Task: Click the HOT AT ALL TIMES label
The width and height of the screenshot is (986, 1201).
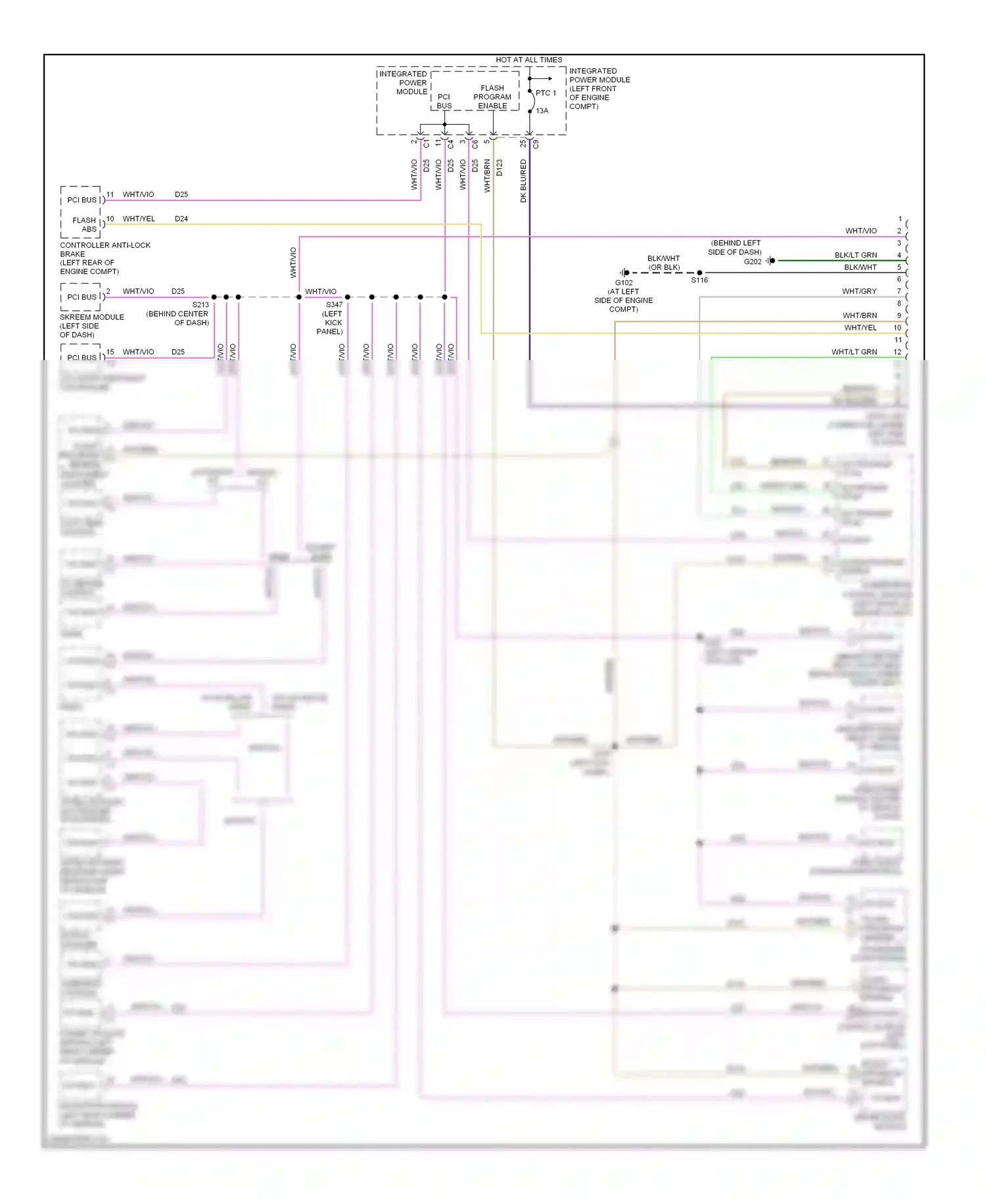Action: pos(528,60)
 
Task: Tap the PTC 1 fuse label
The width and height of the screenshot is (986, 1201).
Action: pos(546,93)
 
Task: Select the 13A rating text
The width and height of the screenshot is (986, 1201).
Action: pos(542,111)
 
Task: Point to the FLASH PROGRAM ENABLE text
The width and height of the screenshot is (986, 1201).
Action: pos(492,97)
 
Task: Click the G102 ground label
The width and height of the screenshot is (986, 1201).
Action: pos(624,283)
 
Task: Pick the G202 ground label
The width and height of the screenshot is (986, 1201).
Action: pos(753,261)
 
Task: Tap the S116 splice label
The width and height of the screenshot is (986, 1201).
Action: pos(699,280)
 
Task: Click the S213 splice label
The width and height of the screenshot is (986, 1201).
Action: pos(200,305)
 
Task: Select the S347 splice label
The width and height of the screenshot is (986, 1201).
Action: pos(334,305)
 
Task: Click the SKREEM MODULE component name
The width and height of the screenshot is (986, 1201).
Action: pos(92,317)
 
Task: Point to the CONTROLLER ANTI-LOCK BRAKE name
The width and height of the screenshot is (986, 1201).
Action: pos(105,250)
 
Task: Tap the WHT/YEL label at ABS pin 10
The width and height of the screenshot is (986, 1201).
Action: pos(139,219)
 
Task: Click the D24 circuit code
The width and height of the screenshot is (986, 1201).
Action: pos(181,219)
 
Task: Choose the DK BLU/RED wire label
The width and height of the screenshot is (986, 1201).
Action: pos(523,181)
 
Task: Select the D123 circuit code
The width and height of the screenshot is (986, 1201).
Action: pos(500,168)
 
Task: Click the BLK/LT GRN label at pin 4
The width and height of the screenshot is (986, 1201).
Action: pos(855,255)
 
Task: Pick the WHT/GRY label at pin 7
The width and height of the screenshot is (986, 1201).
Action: pos(859,291)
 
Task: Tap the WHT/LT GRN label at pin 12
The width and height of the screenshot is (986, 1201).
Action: pos(854,352)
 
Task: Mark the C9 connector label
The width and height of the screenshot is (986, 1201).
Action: pos(536,144)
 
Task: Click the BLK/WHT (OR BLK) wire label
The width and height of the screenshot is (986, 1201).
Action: pos(663,263)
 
